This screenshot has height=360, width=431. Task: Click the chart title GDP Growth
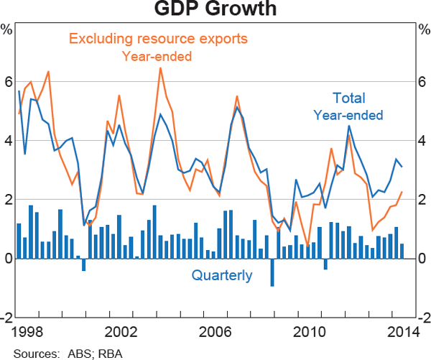[x=215, y=10]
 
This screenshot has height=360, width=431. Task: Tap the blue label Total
[x=349, y=98]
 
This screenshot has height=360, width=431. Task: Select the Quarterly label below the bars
[x=221, y=275]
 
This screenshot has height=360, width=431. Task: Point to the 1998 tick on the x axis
[x=25, y=332]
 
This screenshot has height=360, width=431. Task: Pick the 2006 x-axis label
[x=215, y=332]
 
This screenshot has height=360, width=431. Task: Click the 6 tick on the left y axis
[x=8, y=82]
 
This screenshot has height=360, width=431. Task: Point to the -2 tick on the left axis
[x=6, y=318]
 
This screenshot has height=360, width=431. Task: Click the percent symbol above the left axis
[x=7, y=29]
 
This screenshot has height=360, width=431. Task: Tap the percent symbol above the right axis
[x=423, y=29]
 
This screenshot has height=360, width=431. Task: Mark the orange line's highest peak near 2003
[x=159, y=68]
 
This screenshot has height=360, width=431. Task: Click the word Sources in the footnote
[x=34, y=352]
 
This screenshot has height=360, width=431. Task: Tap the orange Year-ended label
[x=157, y=55]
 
